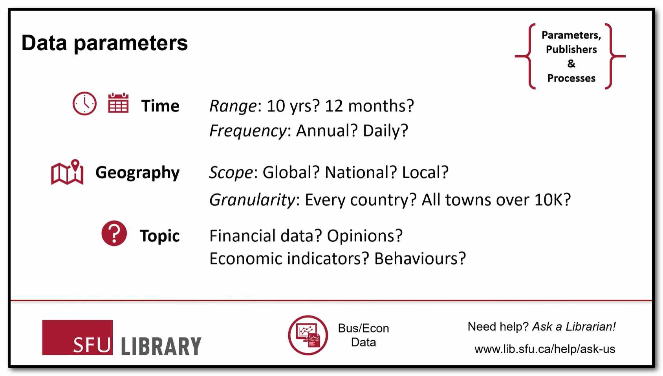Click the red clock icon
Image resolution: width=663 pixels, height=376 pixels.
point(84,104)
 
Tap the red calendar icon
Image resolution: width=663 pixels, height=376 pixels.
point(118,103)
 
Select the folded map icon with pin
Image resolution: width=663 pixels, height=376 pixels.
point(67,172)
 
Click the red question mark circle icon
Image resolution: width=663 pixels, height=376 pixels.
point(114,233)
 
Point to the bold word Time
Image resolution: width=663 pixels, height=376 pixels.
point(160,106)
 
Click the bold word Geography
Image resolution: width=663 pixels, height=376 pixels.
point(137,173)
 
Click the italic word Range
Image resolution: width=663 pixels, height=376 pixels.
point(233,106)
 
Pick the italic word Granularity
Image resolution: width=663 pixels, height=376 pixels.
point(252,200)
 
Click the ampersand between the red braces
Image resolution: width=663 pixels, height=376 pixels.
point(571,64)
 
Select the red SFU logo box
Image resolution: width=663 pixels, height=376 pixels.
point(77,337)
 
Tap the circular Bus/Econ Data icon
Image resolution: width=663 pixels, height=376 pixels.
point(308,335)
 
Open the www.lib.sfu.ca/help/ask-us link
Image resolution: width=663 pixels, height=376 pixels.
point(545,349)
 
